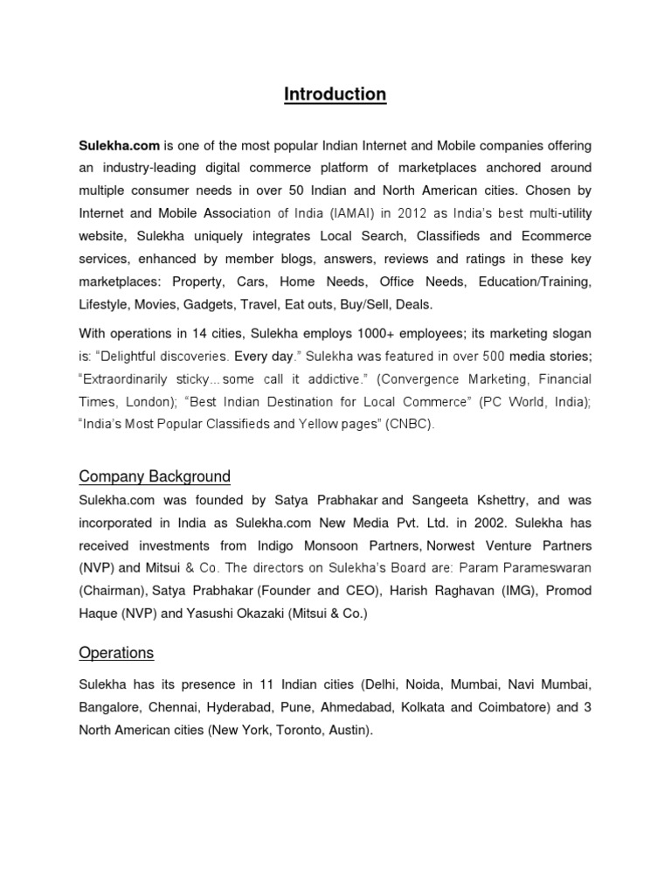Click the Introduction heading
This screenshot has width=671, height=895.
click(x=335, y=94)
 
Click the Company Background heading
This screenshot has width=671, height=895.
click(x=155, y=476)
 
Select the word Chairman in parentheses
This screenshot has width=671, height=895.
click(x=111, y=591)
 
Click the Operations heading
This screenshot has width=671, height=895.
click(x=116, y=653)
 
